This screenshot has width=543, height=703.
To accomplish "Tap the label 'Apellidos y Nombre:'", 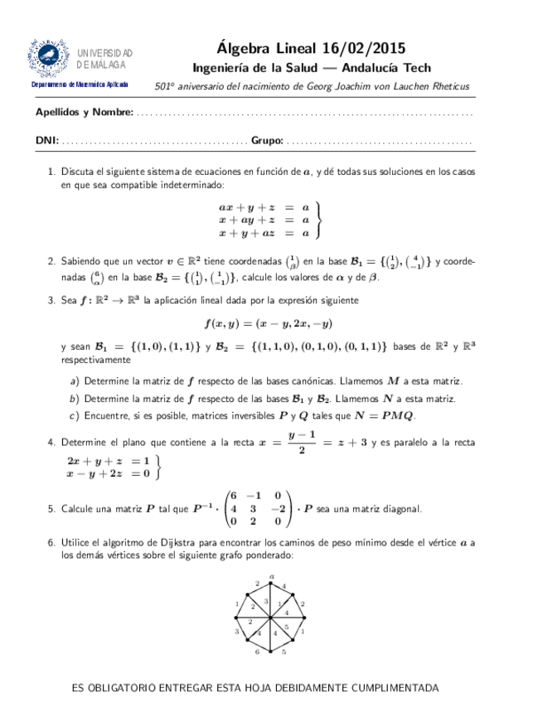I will (85, 112).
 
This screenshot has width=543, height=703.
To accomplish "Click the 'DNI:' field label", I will (46, 141).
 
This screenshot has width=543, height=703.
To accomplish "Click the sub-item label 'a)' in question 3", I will (75, 381).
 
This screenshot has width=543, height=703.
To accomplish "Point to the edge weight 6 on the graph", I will (257, 653).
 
